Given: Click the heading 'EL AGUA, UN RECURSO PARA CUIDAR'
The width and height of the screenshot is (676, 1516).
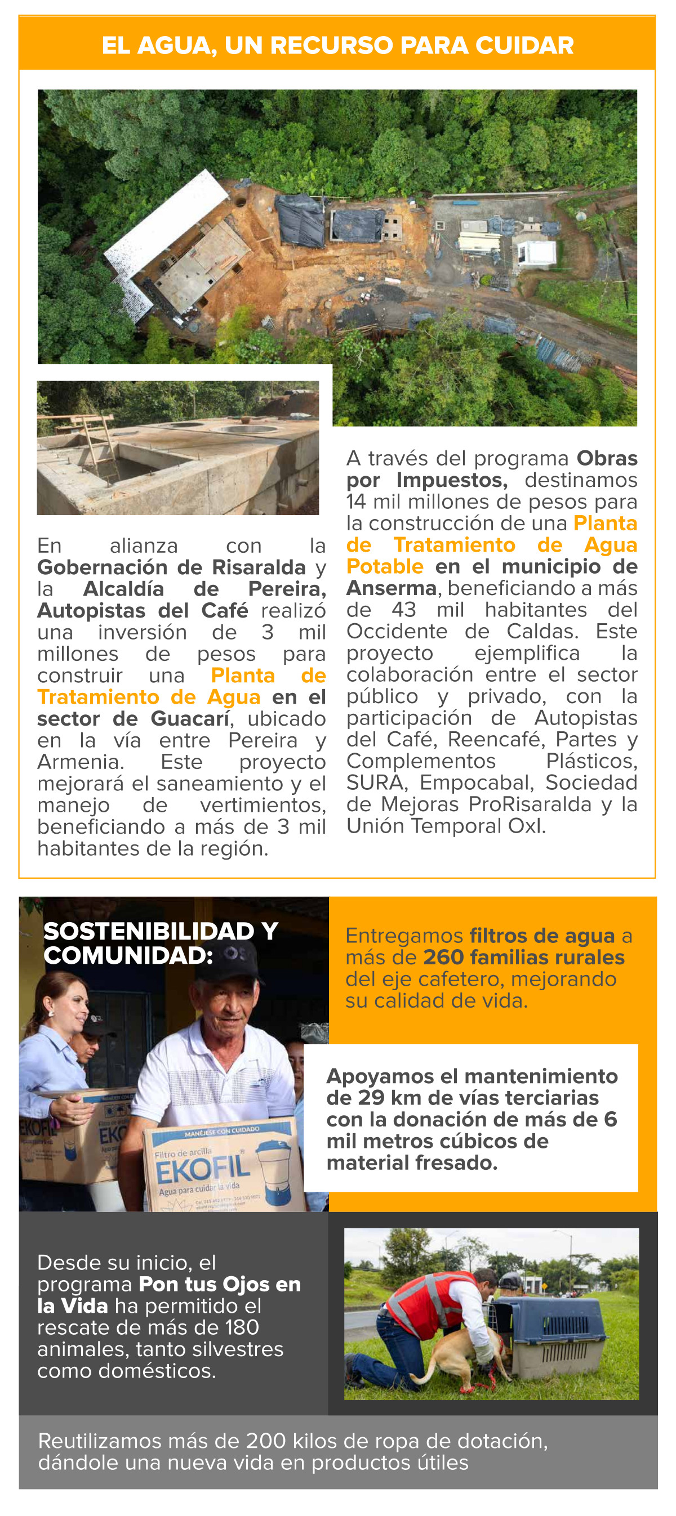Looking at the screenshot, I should click(337, 45).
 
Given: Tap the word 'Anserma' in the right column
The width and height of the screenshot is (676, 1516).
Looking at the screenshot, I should click(392, 588).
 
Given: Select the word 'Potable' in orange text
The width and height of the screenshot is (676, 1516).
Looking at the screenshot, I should click(385, 566).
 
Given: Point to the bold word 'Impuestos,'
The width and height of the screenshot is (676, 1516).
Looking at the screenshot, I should click(452, 480).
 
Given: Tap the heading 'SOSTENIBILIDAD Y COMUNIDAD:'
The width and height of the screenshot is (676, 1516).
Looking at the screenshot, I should click(160, 943).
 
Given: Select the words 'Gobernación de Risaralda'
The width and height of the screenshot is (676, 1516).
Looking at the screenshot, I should click(171, 567).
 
